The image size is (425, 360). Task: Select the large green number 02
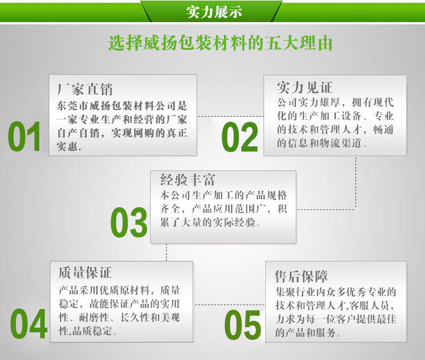239,138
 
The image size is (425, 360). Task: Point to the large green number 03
129,222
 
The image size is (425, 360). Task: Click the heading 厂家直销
85,89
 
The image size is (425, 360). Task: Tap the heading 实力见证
304,87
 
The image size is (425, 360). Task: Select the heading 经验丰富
188,181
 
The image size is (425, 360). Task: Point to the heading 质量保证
85,273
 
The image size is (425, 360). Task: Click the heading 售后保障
301,276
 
